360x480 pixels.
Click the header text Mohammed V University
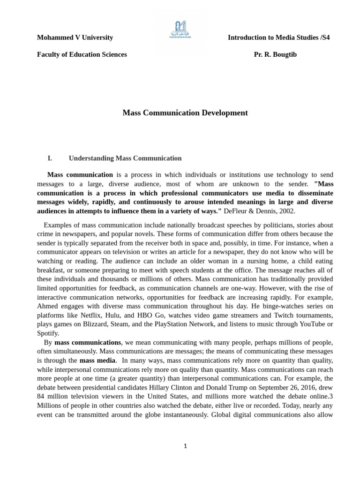[x=75, y=37]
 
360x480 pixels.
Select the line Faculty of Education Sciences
[x=82, y=54]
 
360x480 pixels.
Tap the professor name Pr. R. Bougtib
[x=275, y=54]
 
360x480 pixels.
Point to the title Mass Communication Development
[x=185, y=113]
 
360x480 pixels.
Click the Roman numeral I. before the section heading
[x=50, y=158]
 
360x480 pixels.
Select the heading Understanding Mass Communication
[x=125, y=158]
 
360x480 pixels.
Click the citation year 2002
[x=286, y=211]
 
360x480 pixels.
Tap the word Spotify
[x=48, y=333]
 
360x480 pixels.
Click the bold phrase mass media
[x=97, y=360]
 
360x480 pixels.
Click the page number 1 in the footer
[x=185, y=446]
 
